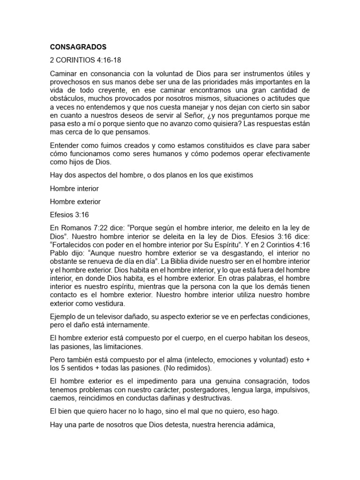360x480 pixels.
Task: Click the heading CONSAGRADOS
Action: point(78,47)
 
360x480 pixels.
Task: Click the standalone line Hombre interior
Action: point(74,188)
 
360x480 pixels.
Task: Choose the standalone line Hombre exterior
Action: point(75,202)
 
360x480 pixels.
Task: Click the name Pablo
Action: point(60,252)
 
